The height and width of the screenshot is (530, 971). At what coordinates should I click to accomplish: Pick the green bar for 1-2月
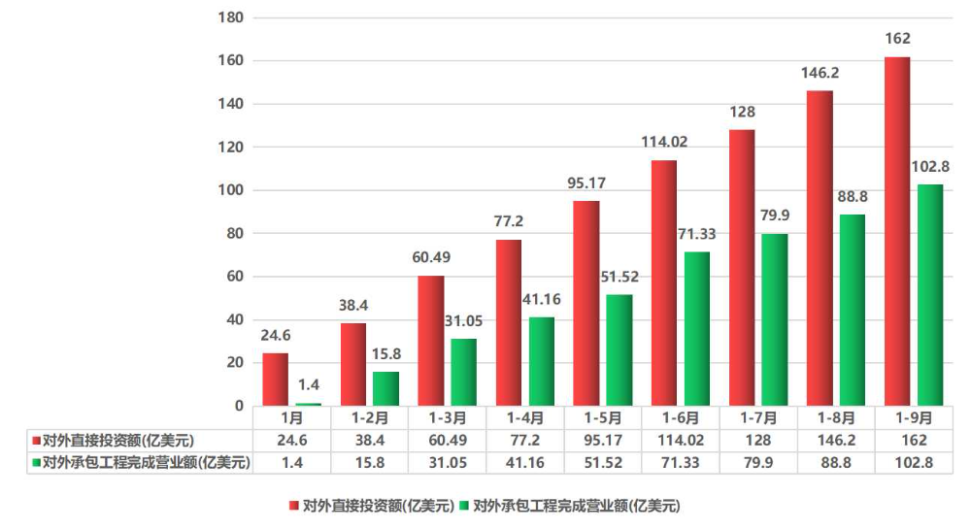[x=385, y=388]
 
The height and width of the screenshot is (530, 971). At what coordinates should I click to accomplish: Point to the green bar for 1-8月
[x=852, y=310]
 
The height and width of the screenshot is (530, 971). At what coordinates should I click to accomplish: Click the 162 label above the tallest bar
[x=898, y=39]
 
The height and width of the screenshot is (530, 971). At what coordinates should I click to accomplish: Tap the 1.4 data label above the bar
[x=307, y=385]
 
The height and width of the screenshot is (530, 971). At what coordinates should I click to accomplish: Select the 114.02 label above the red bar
[x=664, y=142]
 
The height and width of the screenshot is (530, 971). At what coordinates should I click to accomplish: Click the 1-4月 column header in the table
[x=524, y=418]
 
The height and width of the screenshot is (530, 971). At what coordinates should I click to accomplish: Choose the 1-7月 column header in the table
[x=758, y=418]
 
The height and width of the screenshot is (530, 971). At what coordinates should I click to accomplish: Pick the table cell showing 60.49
[x=448, y=440]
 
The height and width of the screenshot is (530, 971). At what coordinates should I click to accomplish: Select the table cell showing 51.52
[x=602, y=462]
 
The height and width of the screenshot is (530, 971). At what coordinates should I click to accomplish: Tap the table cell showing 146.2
[x=836, y=440]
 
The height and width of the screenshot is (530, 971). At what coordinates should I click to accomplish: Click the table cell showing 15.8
[x=370, y=462]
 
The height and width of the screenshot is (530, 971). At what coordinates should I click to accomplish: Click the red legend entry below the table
[x=372, y=506]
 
